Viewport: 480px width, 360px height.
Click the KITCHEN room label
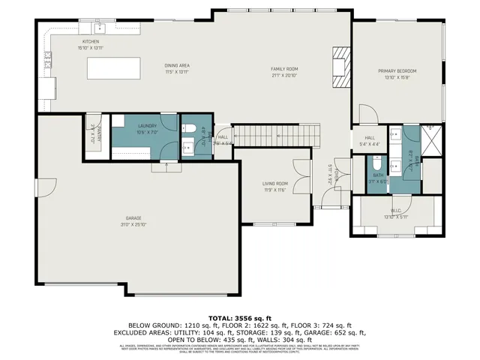(90, 41)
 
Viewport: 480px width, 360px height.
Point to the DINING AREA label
(177, 66)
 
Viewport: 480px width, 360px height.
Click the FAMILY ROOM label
(285, 69)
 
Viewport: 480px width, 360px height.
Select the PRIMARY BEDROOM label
(397, 70)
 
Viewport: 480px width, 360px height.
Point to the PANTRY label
(100, 134)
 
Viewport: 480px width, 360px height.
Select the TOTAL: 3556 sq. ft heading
(239, 317)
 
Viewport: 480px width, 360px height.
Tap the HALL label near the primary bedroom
(370, 138)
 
